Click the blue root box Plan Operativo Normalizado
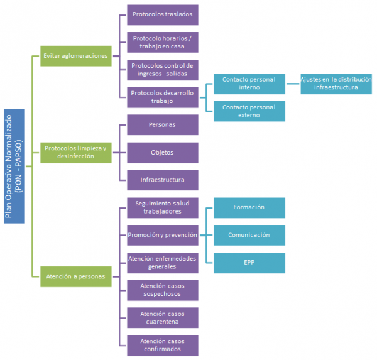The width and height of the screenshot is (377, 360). click(x=14, y=166)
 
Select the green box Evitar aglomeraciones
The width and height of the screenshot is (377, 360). click(x=75, y=55)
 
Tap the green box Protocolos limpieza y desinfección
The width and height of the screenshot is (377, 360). click(x=75, y=151)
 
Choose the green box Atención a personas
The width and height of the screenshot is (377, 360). click(x=75, y=275)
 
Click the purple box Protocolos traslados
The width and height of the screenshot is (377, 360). click(x=163, y=14)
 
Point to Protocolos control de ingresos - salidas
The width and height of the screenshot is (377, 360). click(x=163, y=69)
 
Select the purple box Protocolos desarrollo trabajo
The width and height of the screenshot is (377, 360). click(x=163, y=96)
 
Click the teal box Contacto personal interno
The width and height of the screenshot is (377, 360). click(x=249, y=84)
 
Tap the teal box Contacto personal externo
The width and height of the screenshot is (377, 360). click(x=249, y=111)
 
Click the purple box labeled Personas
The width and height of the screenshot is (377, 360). click(x=163, y=124)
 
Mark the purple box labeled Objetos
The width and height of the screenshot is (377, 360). click(x=163, y=152)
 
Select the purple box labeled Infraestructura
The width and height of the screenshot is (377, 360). click(x=163, y=180)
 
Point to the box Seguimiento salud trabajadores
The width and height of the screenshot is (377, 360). click(x=163, y=207)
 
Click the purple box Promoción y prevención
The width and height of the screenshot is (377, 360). click(x=163, y=234)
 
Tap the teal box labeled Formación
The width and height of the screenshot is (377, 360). click(x=249, y=207)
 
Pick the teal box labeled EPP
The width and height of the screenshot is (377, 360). click(x=249, y=262)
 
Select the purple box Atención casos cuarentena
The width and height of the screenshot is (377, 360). click(x=163, y=317)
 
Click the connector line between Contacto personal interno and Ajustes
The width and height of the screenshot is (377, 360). click(x=292, y=84)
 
